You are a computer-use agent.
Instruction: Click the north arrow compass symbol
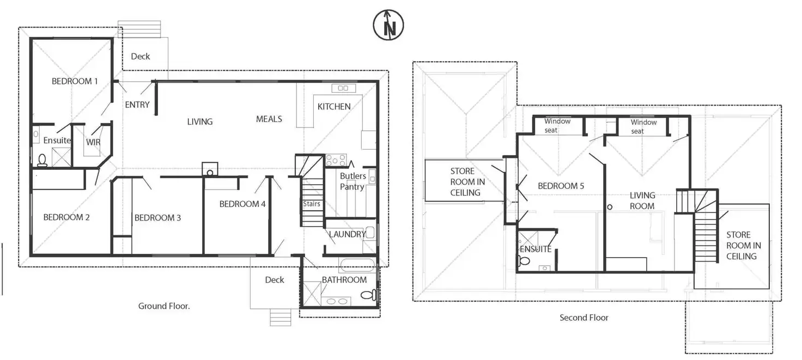click(388, 25)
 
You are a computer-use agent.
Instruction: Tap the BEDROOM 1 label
click(75, 81)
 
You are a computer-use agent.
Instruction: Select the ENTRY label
click(137, 105)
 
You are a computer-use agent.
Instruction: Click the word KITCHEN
click(334, 107)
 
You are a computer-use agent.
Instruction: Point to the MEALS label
click(269, 119)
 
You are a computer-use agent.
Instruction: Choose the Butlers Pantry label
click(353, 181)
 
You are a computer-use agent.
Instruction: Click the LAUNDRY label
click(347, 234)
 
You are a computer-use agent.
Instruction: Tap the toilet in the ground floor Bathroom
click(369, 295)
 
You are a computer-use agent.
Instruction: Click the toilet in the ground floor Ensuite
click(42, 160)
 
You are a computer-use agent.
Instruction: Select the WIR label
click(93, 142)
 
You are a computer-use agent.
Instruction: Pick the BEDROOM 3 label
click(157, 218)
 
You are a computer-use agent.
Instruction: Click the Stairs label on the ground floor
click(312, 204)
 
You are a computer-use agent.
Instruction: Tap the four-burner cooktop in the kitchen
click(336, 160)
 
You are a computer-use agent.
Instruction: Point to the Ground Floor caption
click(164, 306)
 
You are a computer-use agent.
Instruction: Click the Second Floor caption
click(584, 318)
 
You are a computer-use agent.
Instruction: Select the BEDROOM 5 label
click(561, 186)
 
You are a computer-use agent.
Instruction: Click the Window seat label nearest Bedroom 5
click(557, 126)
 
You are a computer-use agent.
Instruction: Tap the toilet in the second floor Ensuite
click(524, 260)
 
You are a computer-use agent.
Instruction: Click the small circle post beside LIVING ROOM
click(609, 207)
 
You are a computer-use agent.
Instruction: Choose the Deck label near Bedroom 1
click(141, 57)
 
